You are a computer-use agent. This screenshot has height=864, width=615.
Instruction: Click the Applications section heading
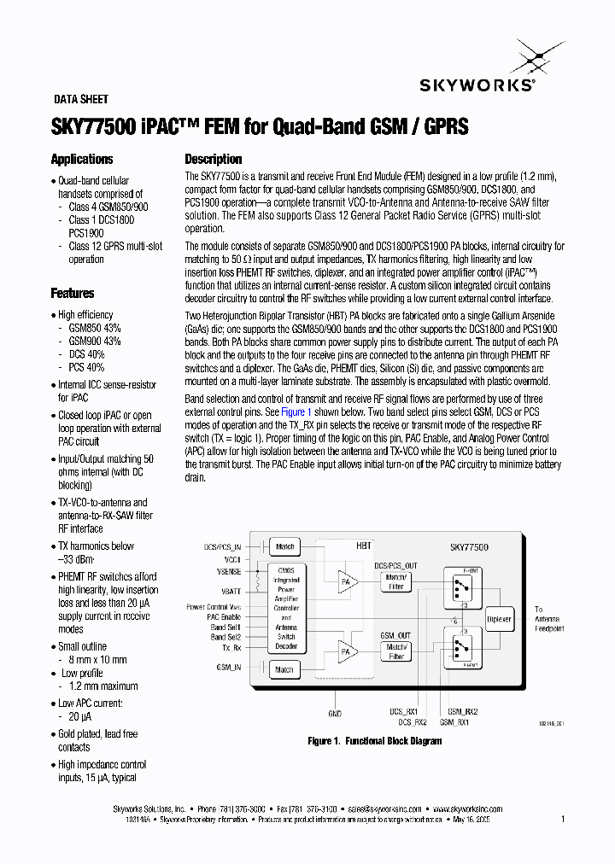pyautogui.click(x=82, y=160)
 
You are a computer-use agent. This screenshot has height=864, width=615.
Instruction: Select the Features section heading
pyautogui.click(x=73, y=294)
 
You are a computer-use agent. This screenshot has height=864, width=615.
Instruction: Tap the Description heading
pyautogui.click(x=214, y=160)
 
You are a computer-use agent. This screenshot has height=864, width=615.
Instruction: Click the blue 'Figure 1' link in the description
pyautogui.click(x=296, y=411)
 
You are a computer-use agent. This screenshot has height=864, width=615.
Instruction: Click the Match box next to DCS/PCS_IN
pyautogui.click(x=284, y=546)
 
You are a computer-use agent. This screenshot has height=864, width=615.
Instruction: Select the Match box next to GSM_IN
pyautogui.click(x=284, y=670)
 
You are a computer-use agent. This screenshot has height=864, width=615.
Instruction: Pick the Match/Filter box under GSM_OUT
pyautogui.click(x=395, y=652)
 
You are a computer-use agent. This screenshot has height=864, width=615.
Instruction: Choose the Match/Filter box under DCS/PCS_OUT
pyautogui.click(x=395, y=581)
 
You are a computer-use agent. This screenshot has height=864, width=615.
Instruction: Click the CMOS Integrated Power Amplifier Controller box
pyautogui.click(x=285, y=607)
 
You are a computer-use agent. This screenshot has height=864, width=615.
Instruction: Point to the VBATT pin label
pyautogui.click(x=230, y=590)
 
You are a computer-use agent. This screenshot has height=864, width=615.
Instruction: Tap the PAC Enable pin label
pyautogui.click(x=225, y=616)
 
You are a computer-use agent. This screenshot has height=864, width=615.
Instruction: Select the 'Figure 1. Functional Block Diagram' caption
pyautogui.click(x=375, y=741)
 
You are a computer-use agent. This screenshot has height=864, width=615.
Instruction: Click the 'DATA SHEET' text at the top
pyautogui.click(x=81, y=99)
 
